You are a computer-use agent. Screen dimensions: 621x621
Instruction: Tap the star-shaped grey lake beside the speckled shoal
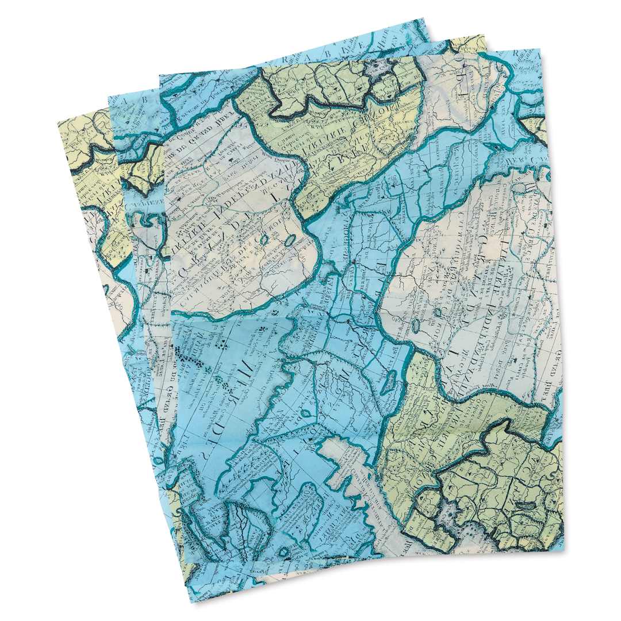tap(447, 509)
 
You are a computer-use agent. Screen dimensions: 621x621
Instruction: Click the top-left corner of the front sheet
tap(159, 75)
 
